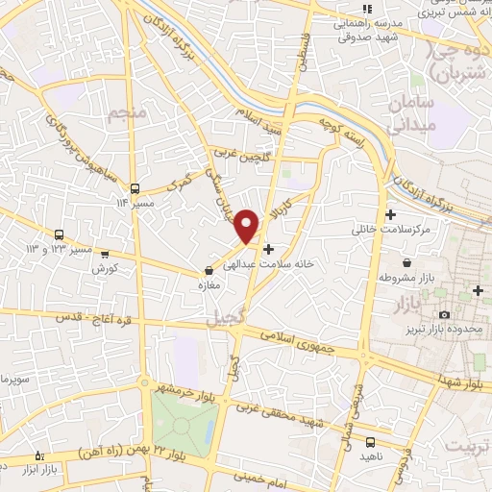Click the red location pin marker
(x=248, y=226)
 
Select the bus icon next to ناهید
(x=371, y=442)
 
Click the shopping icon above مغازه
(x=209, y=272)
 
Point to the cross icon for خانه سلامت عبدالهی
(x=268, y=248)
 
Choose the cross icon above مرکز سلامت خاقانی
(x=390, y=214)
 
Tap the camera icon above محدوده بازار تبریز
(x=443, y=314)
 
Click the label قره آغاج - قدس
(x=86, y=317)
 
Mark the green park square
(x=185, y=423)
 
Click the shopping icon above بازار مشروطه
(x=407, y=262)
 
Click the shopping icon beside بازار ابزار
(x=38, y=455)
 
